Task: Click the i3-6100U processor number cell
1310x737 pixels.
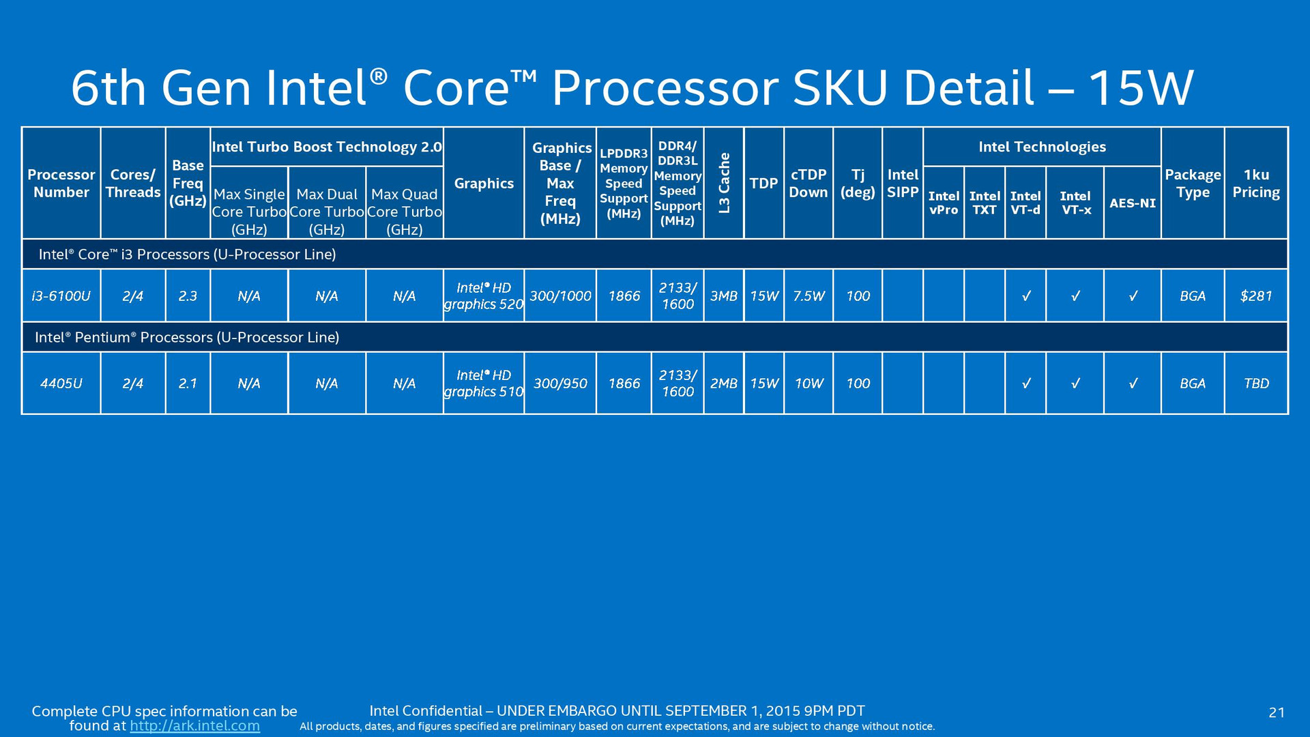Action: click(x=61, y=296)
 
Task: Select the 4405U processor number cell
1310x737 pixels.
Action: click(x=61, y=384)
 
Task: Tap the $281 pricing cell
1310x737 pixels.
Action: click(x=1256, y=296)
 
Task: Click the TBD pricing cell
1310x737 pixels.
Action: click(x=1256, y=384)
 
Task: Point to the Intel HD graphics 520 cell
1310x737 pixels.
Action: click(x=484, y=296)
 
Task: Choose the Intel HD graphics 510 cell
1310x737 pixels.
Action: click(x=484, y=384)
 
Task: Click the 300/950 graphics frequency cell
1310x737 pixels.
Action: click(x=560, y=384)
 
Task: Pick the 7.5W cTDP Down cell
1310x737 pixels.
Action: click(x=809, y=296)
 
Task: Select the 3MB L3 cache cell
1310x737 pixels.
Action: click(x=724, y=296)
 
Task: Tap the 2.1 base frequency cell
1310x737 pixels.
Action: click(x=188, y=384)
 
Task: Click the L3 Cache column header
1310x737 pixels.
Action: click(x=724, y=183)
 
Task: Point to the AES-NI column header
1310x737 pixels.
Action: click(x=1133, y=203)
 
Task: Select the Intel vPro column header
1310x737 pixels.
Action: click(x=944, y=203)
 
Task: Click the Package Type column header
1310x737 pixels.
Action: click(x=1193, y=183)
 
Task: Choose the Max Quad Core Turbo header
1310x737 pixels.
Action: click(x=405, y=212)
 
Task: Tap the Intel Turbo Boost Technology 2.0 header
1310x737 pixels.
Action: click(x=327, y=147)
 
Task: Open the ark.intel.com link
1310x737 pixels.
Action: click(x=195, y=726)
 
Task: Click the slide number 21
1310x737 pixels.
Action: click(x=1277, y=713)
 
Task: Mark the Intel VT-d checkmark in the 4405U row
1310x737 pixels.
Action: click(x=1025, y=384)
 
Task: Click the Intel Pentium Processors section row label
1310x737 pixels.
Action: click(x=187, y=337)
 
